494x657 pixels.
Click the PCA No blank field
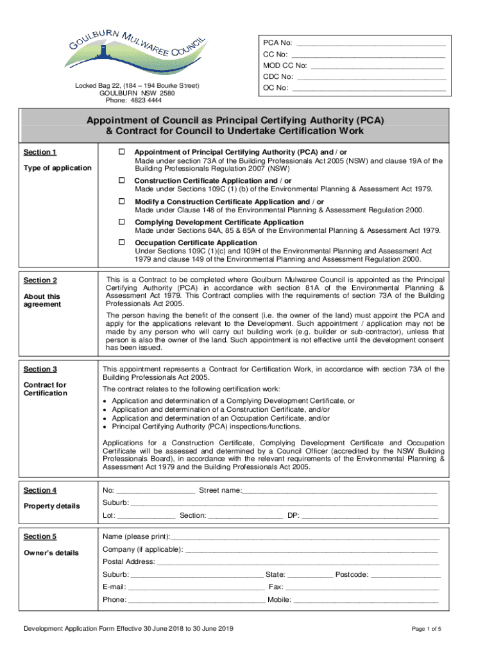[x=370, y=44]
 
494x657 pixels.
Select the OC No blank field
[x=369, y=88]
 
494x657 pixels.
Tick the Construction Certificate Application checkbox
[x=120, y=182]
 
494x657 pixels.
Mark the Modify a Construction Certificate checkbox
[x=120, y=202]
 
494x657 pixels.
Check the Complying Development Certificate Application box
[x=120, y=222]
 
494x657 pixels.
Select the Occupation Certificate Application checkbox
[x=120, y=243]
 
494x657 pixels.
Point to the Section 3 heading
[x=40, y=370]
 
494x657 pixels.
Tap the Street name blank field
[x=339, y=491]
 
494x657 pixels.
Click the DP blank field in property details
[x=370, y=516]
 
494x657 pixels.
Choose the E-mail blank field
[x=196, y=587]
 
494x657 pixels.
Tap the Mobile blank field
[x=366, y=601]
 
